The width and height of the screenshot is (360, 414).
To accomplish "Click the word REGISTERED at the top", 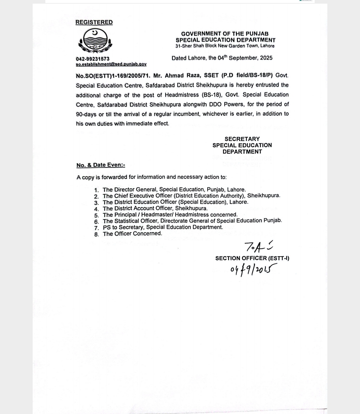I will [x=94, y=22].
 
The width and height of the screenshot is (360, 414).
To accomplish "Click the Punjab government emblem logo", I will [x=95, y=40].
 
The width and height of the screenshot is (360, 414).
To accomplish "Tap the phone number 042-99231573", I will [x=93, y=59].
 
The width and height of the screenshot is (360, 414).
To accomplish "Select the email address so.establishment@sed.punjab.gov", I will [x=111, y=64].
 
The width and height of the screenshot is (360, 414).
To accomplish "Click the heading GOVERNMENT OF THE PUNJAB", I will [x=225, y=34].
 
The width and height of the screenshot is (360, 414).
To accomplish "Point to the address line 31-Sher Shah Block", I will [x=225, y=46].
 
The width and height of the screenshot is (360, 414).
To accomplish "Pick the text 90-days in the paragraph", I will [x=86, y=114].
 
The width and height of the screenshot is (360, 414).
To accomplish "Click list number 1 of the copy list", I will [x=97, y=190].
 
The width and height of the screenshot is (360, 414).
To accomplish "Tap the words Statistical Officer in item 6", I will [x=136, y=221].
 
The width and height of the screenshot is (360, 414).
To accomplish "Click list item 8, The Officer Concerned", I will [x=132, y=234].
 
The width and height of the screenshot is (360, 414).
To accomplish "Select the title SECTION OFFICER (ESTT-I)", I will [x=252, y=258].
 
